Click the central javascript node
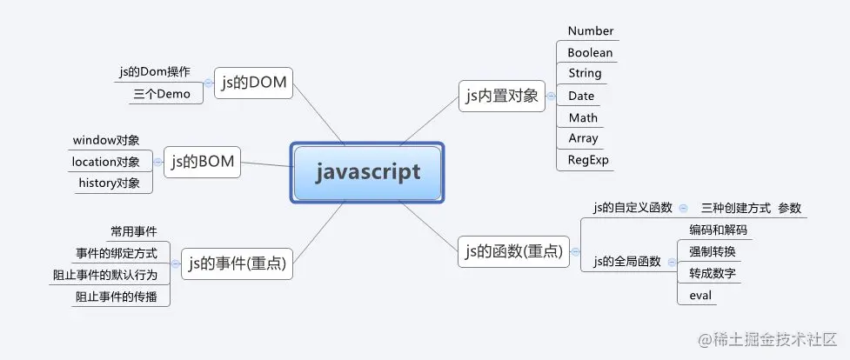pyautogui.click(x=368, y=172)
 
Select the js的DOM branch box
pyautogui.click(x=253, y=83)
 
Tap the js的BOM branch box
pyautogui.click(x=203, y=161)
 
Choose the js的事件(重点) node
pyautogui.click(x=237, y=263)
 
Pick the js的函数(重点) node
pyautogui.click(x=512, y=253)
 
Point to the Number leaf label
pyautogui.click(x=591, y=31)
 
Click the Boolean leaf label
pyautogui.click(x=590, y=53)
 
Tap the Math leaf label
pyautogui.click(x=583, y=117)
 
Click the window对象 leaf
pyautogui.click(x=106, y=140)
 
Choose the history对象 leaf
pyautogui.click(x=109, y=183)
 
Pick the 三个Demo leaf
pyautogui.click(x=161, y=94)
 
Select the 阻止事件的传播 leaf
pyautogui.click(x=117, y=296)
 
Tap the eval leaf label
pyautogui.click(x=700, y=296)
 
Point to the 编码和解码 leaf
pyautogui.click(x=718, y=230)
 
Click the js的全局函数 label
pyautogui.click(x=627, y=261)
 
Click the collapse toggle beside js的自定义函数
pyautogui.click(x=684, y=208)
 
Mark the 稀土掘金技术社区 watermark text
pyautogui.click(x=779, y=338)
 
